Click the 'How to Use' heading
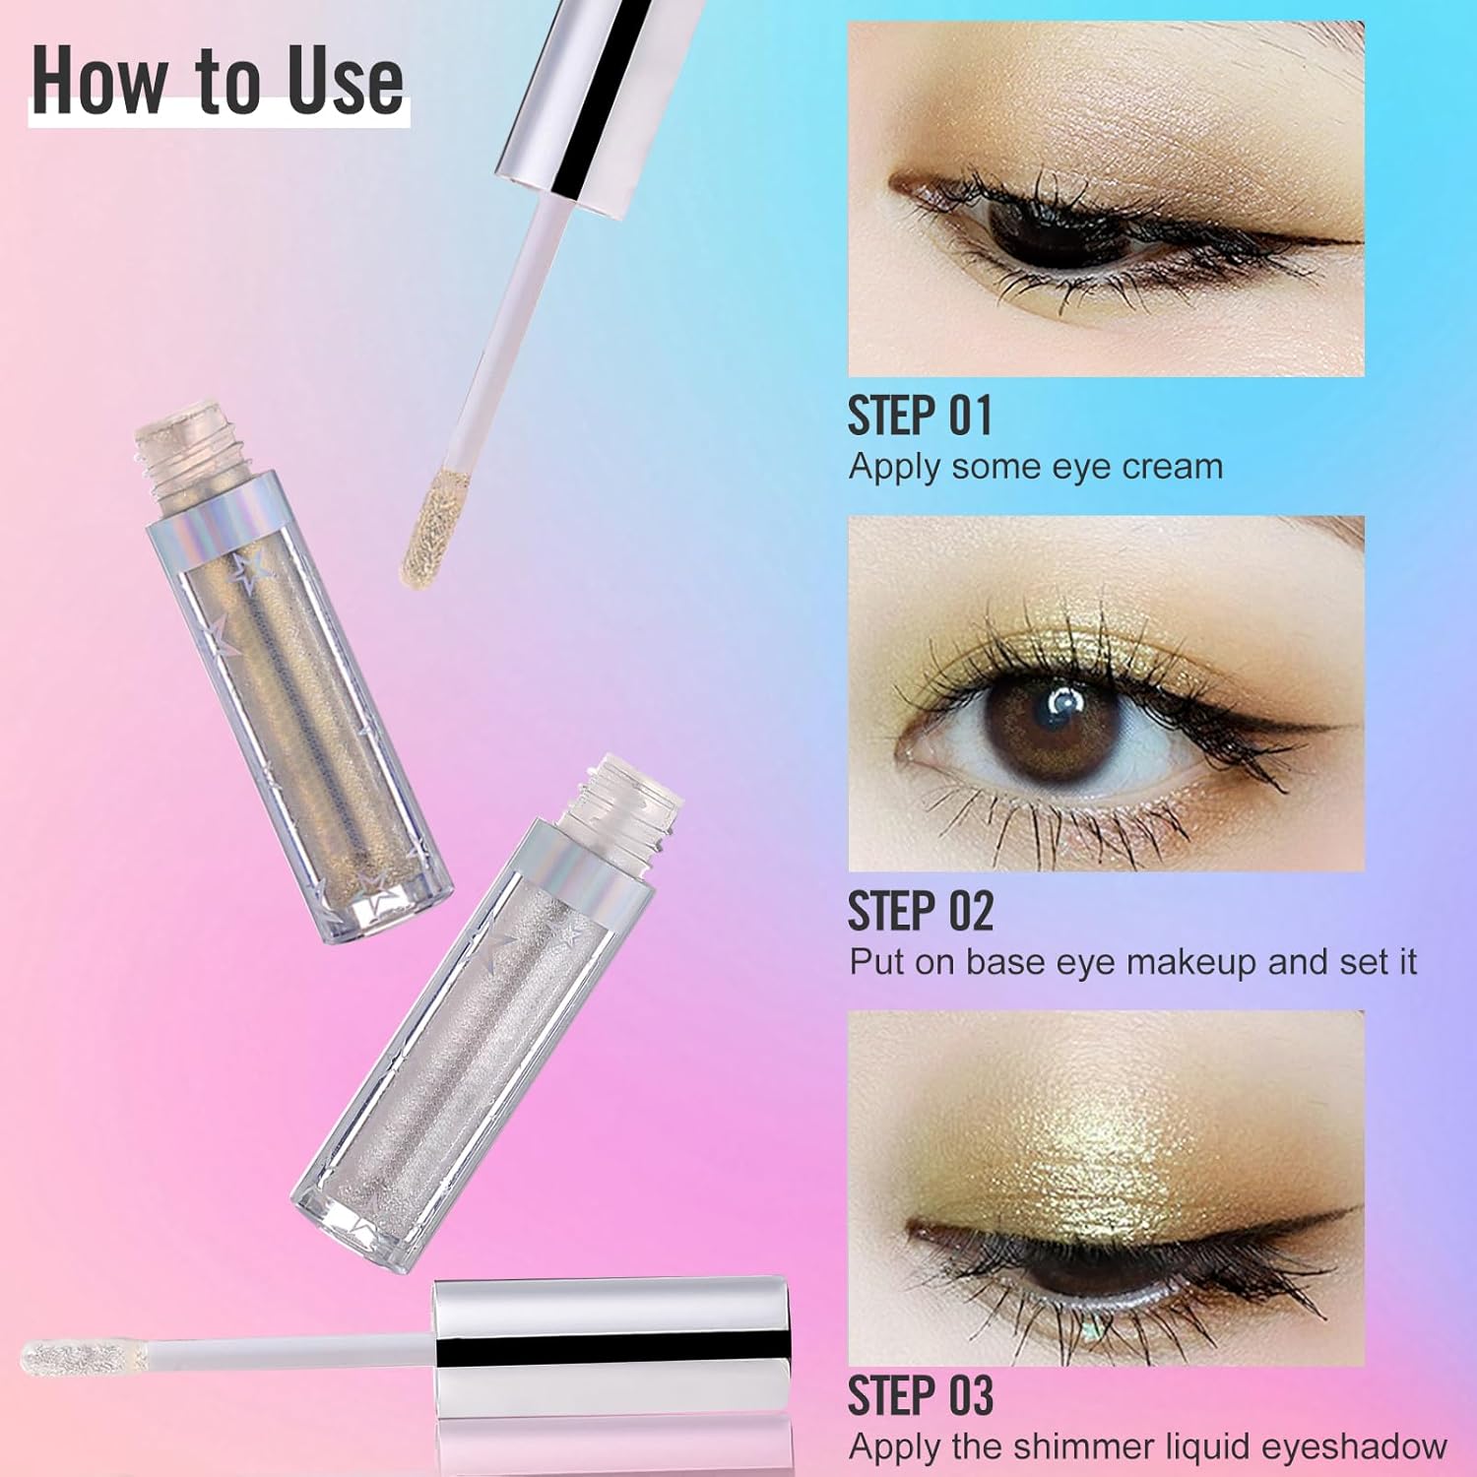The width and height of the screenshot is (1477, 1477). [218, 81]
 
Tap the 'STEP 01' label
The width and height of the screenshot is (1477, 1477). [920, 416]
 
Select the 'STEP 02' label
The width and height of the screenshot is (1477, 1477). [921, 911]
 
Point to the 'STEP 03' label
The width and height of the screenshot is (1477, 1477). [921, 1395]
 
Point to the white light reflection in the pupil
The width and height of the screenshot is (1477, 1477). [1064, 701]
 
